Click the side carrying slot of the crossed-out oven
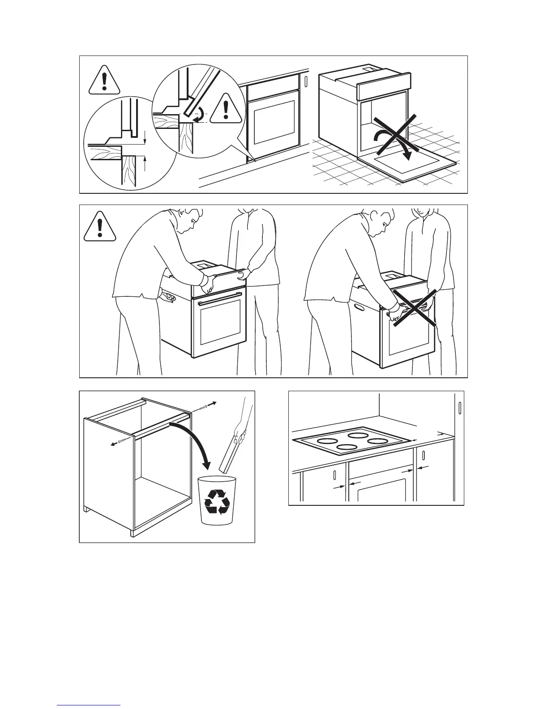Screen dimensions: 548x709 [359, 308]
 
